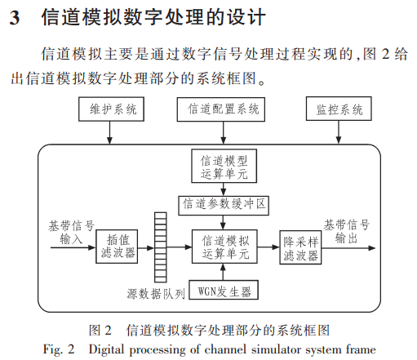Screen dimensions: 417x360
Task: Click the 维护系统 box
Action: pyautogui.click(x=111, y=109)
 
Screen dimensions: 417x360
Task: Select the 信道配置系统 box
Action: pyautogui.click(x=221, y=109)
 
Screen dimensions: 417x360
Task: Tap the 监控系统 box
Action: pyautogui.click(x=339, y=109)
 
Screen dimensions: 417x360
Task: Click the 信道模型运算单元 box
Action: pyautogui.click(x=224, y=166)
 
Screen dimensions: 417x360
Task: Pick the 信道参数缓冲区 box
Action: pyautogui.click(x=224, y=205)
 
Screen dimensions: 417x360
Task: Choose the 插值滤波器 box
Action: pyautogui.click(x=117, y=247)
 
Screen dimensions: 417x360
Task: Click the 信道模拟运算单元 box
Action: pyautogui.click(x=224, y=247)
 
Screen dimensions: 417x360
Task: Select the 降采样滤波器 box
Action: pyautogui.click(x=300, y=247)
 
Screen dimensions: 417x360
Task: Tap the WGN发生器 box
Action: pyautogui.click(x=224, y=290)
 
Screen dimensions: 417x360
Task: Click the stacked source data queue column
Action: pyautogui.click(x=161, y=247)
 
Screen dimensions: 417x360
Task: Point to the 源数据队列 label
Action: pyautogui.click(x=156, y=294)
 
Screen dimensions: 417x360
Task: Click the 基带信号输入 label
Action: pyautogui.click(x=71, y=233)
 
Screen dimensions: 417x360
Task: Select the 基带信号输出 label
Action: pyautogui.click(x=346, y=232)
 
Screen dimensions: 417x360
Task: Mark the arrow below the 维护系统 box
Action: pyautogui.click(x=109, y=132)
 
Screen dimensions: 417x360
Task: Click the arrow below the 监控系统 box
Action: pyautogui.click(x=339, y=132)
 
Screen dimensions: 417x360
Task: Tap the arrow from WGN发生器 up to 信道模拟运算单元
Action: pyautogui.click(x=223, y=272)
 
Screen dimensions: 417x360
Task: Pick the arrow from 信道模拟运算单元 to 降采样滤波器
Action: pyautogui.click(x=268, y=247)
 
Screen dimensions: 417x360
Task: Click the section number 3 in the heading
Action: pyautogui.click(x=15, y=18)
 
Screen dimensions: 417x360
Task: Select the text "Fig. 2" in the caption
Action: pyautogui.click(x=59, y=349)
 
